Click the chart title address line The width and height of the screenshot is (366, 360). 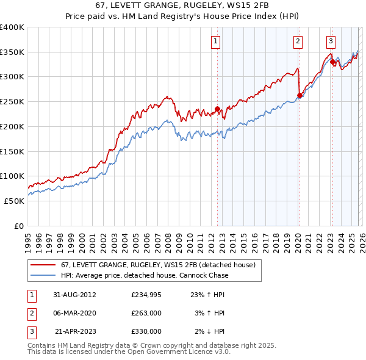pyautogui.click(x=182, y=6)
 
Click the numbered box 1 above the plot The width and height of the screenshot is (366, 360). pyautogui.click(x=217, y=41)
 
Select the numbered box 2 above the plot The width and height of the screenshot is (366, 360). pyautogui.click(x=298, y=41)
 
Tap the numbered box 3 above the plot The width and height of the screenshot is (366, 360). pyautogui.click(x=331, y=41)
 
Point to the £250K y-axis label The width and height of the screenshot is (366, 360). pyautogui.click(x=12, y=101)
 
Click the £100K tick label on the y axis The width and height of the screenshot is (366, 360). pyautogui.click(x=12, y=176)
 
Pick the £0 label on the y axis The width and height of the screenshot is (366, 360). pyautogui.click(x=18, y=226)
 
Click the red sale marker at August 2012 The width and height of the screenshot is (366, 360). pyautogui.click(x=217, y=110)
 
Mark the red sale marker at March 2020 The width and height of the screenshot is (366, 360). pyautogui.click(x=300, y=95)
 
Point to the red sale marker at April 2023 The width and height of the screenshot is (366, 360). pyautogui.click(x=332, y=62)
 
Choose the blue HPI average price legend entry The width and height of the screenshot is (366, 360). pyautogui.click(x=143, y=275)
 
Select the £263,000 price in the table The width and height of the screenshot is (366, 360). pyautogui.click(x=146, y=313)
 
